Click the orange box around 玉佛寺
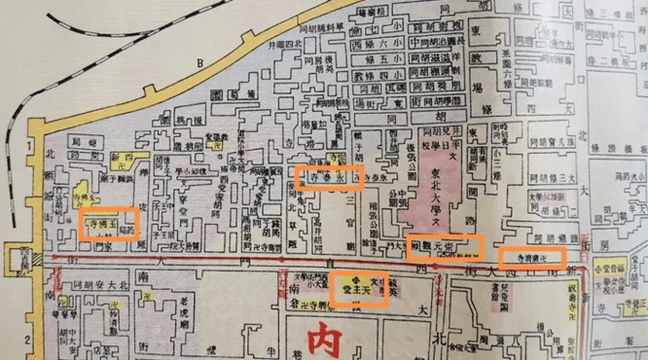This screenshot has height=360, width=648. coord(108,224)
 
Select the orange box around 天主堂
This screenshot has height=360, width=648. coord(359,288)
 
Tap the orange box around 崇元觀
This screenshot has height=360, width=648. coord(445,247)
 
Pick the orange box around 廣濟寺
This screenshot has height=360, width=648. coord(530,259)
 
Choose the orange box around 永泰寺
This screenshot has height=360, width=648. coord(330,177)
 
